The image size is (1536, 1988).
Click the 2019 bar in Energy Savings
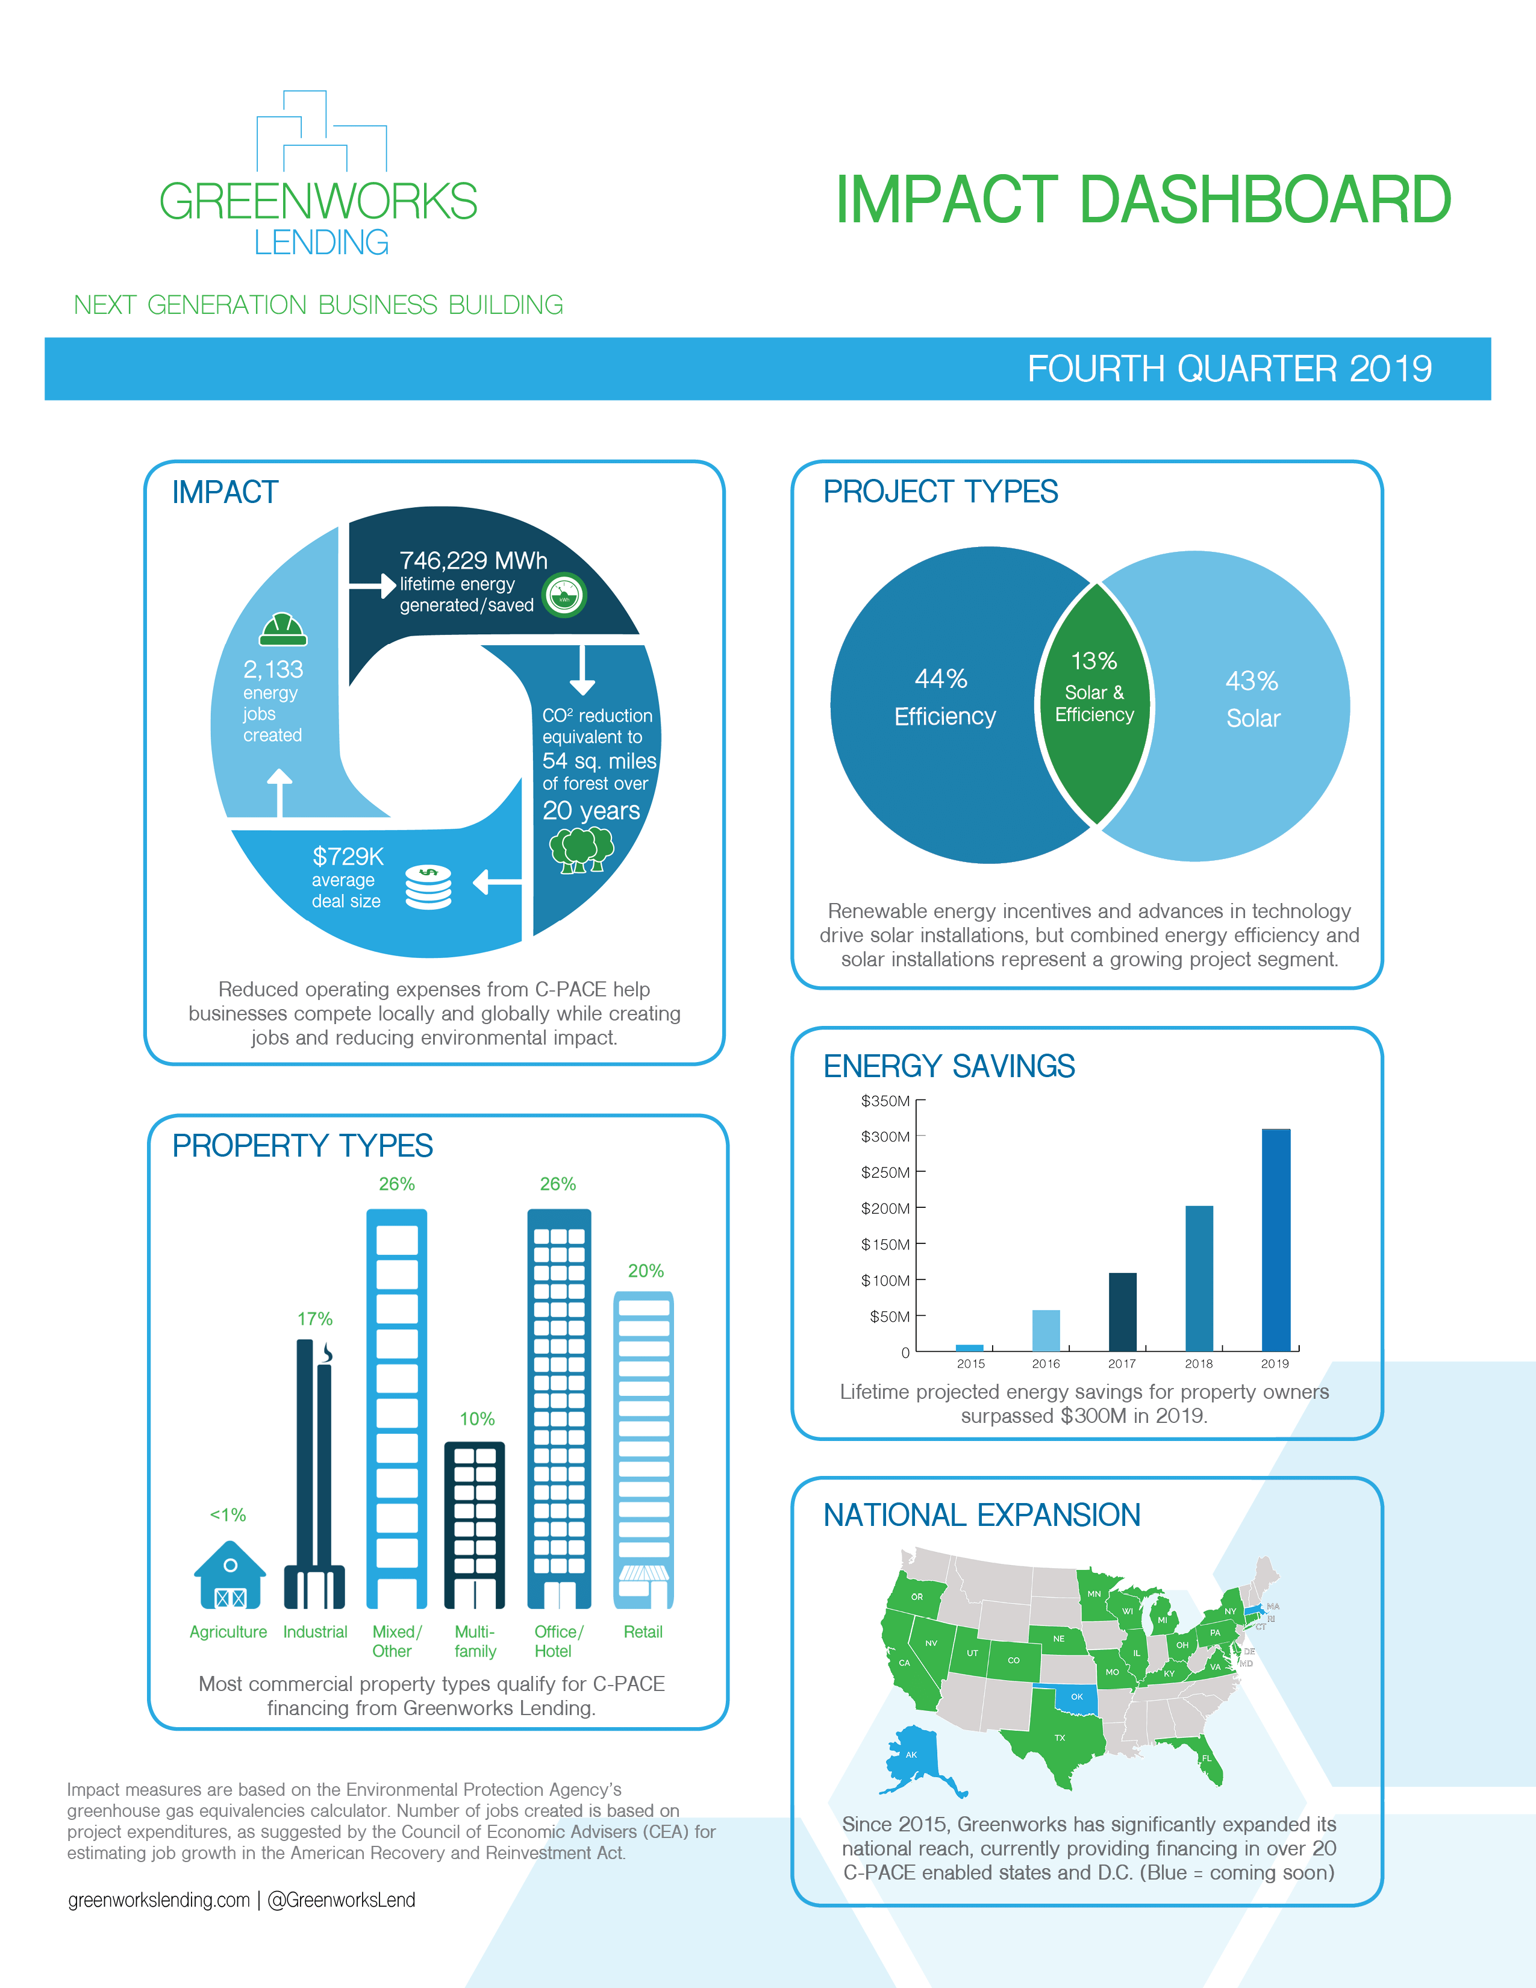point(1276,1240)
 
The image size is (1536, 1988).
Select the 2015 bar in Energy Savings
point(970,1347)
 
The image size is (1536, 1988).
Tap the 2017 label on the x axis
point(1122,1363)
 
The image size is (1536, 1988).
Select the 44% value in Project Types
point(941,678)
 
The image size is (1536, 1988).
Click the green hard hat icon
point(283,629)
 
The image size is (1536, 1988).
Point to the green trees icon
point(581,849)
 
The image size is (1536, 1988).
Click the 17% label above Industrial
point(315,1318)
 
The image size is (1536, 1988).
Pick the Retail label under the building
point(643,1632)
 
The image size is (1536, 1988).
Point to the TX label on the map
point(1059,1737)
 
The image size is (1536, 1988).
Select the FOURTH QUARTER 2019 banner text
point(1229,369)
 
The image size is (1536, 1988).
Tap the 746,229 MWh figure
point(473,560)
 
